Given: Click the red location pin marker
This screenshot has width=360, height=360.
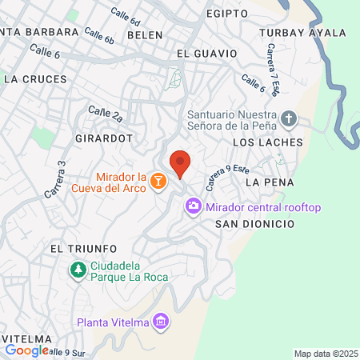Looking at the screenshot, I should pos(181,162).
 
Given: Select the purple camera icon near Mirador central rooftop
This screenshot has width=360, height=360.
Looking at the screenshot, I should pos(193,208).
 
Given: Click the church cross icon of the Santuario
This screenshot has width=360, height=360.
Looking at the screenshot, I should pos(290,121).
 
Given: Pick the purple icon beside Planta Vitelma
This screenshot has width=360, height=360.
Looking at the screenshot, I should pos(162,322).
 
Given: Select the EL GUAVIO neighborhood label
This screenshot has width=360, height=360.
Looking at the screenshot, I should pos(206,53).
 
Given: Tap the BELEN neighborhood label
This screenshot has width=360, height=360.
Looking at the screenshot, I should pos(145,36).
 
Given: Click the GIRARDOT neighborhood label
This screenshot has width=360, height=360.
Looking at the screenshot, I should pos(103,138).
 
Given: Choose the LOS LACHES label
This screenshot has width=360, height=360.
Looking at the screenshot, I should pos(267,142).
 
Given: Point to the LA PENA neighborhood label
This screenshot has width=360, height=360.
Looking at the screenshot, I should pos(265,182).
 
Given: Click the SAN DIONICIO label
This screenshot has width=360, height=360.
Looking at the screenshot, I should pos(254,225).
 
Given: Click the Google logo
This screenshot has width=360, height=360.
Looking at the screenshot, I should pos(26,350).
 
